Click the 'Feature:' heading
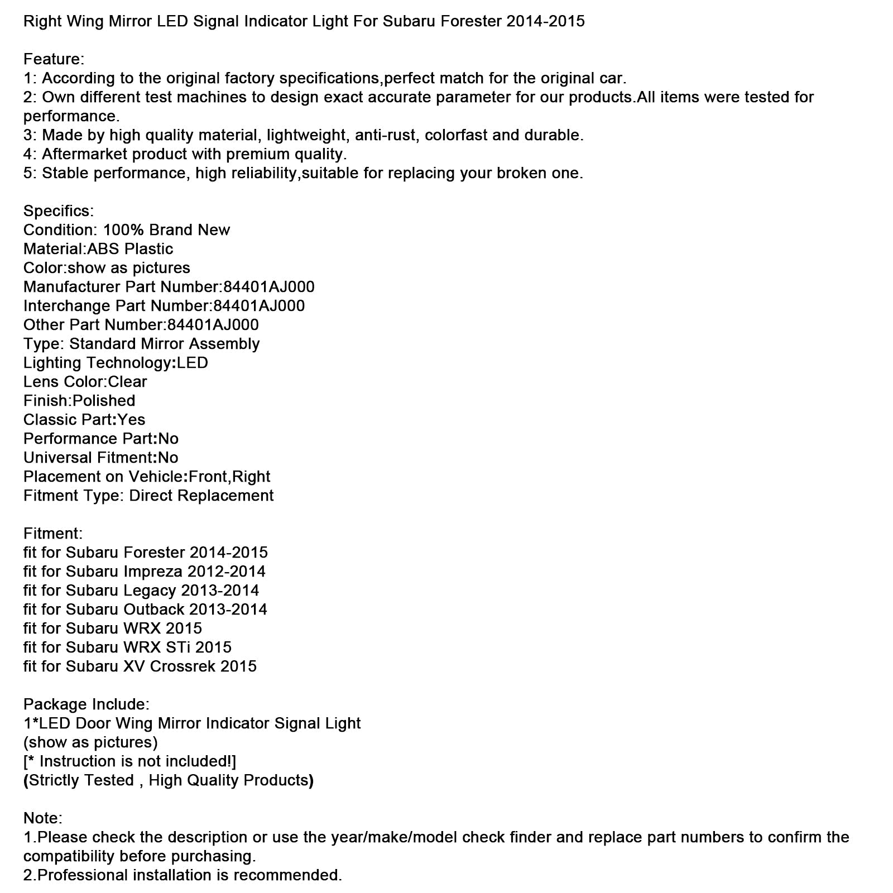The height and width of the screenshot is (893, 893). [x=54, y=59]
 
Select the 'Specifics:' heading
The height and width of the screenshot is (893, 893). [x=59, y=211]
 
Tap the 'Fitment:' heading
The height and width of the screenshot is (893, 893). [x=52, y=534]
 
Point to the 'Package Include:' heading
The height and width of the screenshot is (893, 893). [x=86, y=704]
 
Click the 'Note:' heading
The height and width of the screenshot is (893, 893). [x=42, y=818]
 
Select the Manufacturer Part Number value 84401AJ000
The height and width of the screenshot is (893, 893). [x=268, y=287]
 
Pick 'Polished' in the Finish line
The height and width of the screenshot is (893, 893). [x=104, y=401]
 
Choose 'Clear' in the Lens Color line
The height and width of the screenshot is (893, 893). [x=127, y=382]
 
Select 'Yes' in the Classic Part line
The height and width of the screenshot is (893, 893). [x=132, y=420]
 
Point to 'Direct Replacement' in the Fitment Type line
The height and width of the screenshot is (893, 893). [x=201, y=496]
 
